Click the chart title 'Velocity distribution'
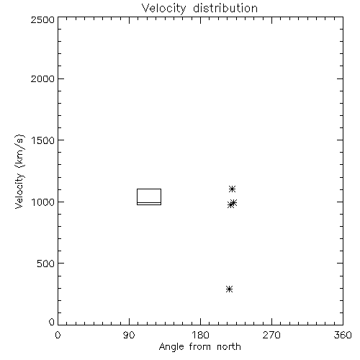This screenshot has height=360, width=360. tap(199, 9)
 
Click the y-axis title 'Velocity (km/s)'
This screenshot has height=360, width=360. tap(19, 171)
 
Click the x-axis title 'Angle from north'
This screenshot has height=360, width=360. tap(200, 347)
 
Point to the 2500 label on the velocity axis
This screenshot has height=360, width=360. tap(42, 19)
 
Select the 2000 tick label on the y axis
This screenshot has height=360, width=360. tap(42, 78)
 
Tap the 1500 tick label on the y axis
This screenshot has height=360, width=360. tap(43, 140)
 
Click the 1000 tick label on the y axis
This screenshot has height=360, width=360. tap(43, 202)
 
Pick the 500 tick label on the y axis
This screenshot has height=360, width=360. tap(46, 264)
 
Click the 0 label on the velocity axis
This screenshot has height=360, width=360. tap(52, 322)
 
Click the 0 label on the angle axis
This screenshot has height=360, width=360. tap(58, 335)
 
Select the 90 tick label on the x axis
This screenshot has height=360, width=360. tap(129, 335)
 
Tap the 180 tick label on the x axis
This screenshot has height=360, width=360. tap(200, 335)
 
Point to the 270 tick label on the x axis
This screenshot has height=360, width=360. tap(271, 335)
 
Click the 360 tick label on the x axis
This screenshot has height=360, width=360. tap(343, 335)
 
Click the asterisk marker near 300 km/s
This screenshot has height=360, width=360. tap(230, 289)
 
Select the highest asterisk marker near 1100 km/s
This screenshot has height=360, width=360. tap(232, 189)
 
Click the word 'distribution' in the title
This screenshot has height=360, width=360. tap(225, 9)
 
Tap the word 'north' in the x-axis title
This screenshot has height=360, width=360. tap(229, 347)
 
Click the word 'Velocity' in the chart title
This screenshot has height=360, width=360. tap(163, 9)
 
